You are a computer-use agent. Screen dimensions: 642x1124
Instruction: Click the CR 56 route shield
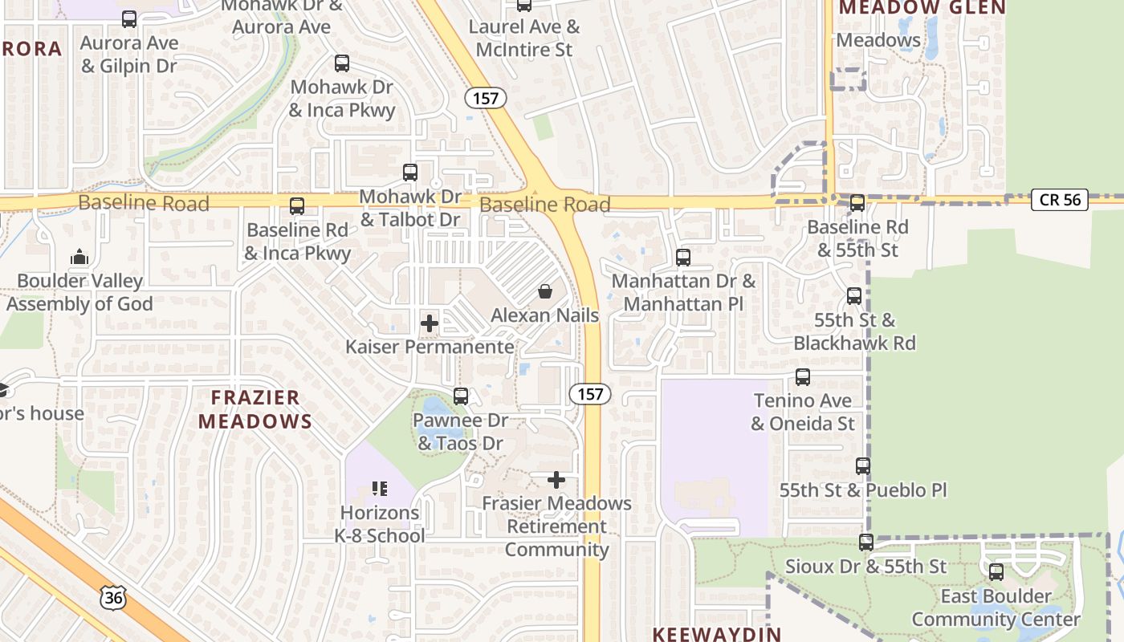1060,200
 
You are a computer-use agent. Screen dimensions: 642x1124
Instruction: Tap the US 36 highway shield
114,596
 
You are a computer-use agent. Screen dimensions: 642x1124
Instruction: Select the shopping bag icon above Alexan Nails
545,291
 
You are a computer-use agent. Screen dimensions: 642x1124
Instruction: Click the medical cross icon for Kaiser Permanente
430,323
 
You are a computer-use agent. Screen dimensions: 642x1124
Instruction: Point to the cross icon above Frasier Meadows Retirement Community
556,480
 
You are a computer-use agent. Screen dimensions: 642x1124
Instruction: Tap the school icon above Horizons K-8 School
380,488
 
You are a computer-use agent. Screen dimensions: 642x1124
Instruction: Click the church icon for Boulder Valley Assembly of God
79,258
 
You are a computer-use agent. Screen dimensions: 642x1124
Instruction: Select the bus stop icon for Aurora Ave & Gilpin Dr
128,19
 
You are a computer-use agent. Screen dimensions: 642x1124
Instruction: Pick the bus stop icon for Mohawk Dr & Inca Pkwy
342,63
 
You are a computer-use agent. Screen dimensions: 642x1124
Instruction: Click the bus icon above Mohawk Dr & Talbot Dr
410,173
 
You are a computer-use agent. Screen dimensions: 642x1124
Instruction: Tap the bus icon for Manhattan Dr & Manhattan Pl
683,258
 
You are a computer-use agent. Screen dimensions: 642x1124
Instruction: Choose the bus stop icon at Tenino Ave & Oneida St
802,377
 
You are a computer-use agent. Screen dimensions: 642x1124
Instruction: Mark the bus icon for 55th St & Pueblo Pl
863,466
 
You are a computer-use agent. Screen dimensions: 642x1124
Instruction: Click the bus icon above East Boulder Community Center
996,572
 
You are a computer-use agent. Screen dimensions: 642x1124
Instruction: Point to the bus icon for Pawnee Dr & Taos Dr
461,396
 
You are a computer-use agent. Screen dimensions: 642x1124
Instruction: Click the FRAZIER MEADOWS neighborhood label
255,409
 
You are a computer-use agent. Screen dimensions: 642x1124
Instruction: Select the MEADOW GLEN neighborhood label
922,8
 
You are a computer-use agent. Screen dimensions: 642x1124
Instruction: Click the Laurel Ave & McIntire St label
524,38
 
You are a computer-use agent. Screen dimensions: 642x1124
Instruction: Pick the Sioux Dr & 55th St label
866,567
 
